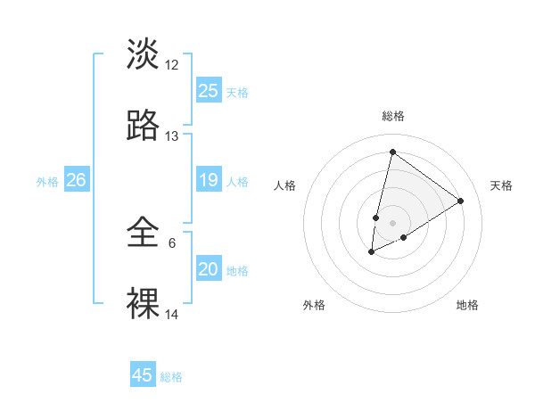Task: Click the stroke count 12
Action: [x=172, y=65]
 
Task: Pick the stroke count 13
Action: [x=172, y=136]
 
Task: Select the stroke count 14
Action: [x=172, y=315]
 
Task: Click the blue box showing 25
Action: [x=209, y=91]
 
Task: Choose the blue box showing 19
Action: [x=209, y=180]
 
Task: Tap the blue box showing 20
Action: [x=209, y=269]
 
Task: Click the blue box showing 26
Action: [x=76, y=180]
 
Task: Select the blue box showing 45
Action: [x=143, y=375]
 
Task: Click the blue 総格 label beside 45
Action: [x=171, y=377]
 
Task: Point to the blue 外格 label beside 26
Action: [x=47, y=182]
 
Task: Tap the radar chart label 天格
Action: [x=501, y=185]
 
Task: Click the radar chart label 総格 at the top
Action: [x=392, y=116]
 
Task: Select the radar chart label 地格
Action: [x=467, y=305]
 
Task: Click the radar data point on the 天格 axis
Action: [x=460, y=201]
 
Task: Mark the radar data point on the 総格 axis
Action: [x=392, y=152]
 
